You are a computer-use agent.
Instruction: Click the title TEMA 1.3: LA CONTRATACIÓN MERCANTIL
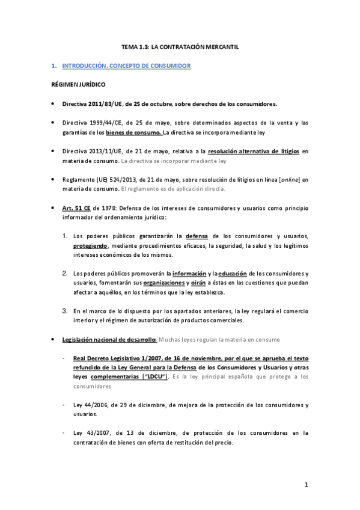tap(180, 46)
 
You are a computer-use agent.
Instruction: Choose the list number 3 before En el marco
tap(66, 311)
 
